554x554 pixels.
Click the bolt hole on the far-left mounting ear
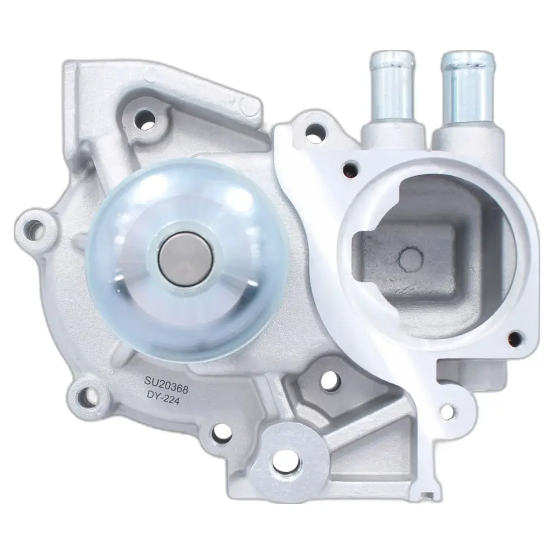click(34, 231)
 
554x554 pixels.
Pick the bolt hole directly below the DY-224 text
click(221, 431)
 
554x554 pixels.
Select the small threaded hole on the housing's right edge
click(515, 339)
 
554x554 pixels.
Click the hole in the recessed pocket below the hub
click(328, 381)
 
